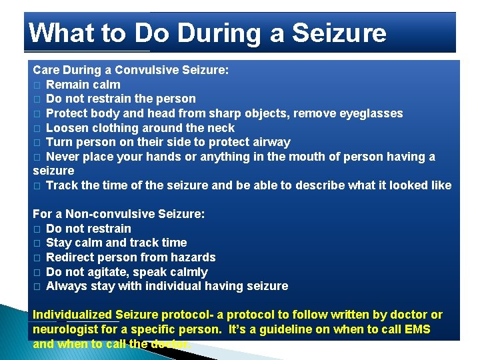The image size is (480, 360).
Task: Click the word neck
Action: (221, 128)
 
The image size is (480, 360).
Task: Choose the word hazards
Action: (193, 257)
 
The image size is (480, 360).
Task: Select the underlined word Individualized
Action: (73, 315)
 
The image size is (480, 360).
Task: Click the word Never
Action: (63, 157)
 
